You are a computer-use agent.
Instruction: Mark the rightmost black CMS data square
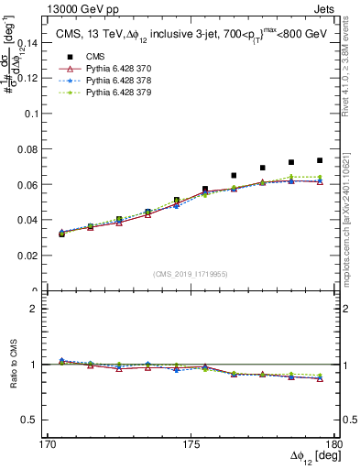tap(320, 160)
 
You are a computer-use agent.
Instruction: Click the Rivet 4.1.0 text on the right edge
tap(352, 64)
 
